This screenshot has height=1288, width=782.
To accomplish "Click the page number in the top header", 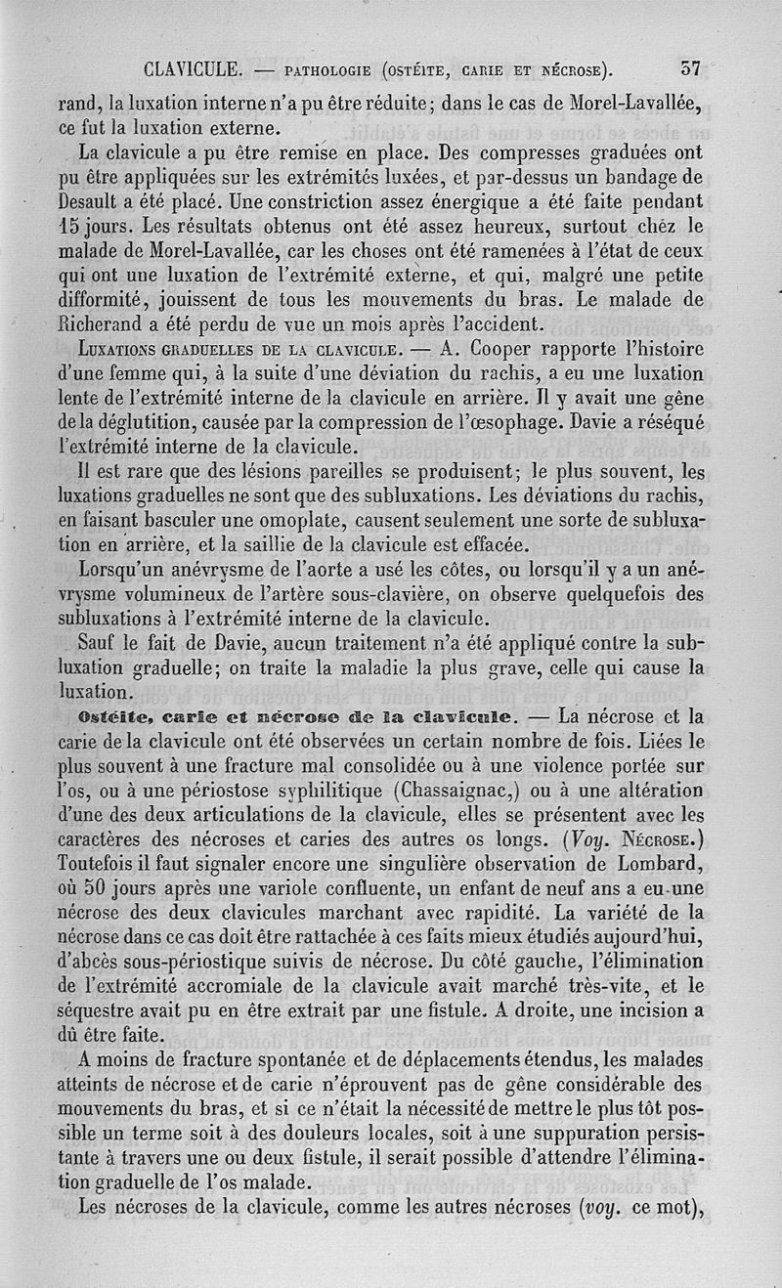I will (x=690, y=69).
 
